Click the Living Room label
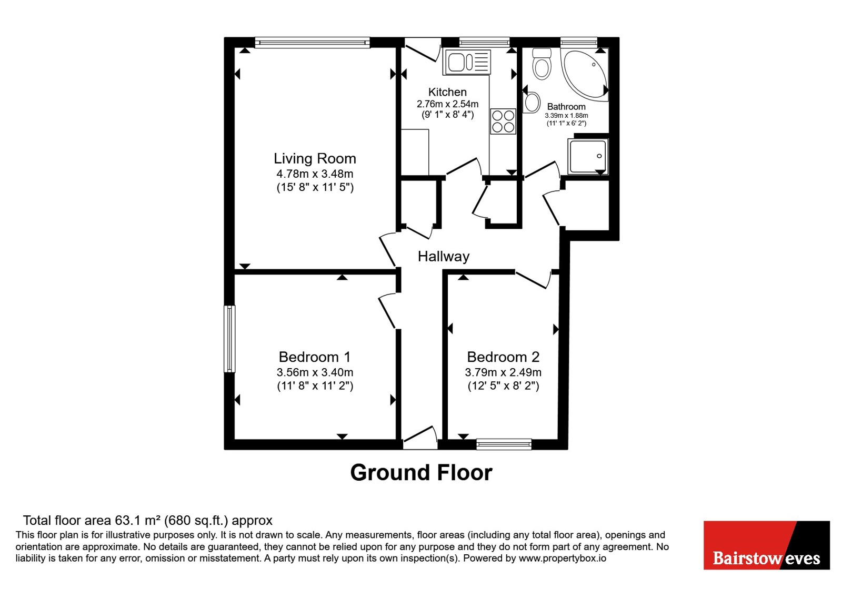point(315,158)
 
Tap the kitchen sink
point(467,62)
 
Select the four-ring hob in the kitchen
point(503,121)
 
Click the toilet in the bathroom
point(542,64)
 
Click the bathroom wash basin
point(532,103)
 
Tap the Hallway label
point(444,257)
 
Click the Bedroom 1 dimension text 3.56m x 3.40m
point(315,372)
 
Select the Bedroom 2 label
point(503,357)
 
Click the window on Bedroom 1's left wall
point(229,339)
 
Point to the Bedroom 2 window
point(504,444)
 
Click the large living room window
point(313,43)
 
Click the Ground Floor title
point(422,473)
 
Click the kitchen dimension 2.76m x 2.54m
point(447,104)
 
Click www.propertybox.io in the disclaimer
point(563,558)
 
